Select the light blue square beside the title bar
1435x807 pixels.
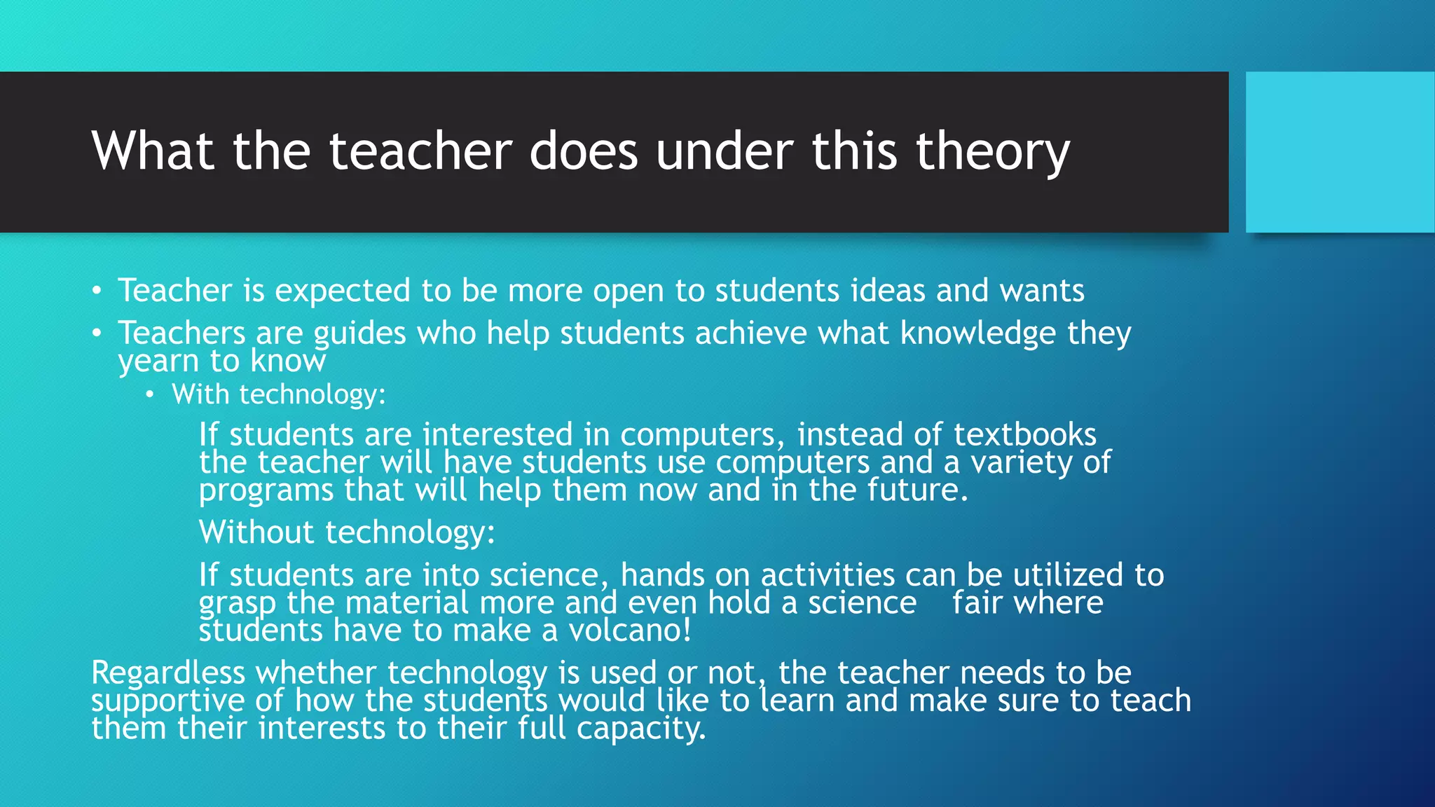(1339, 152)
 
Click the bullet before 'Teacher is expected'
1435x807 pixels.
(97, 291)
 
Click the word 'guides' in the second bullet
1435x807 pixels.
(359, 333)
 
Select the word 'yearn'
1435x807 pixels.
(158, 361)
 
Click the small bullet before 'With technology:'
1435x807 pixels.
(149, 395)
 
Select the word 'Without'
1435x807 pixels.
(256, 532)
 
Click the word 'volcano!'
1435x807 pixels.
(629, 630)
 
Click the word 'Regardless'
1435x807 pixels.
(168, 673)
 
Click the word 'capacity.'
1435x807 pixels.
(640, 729)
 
